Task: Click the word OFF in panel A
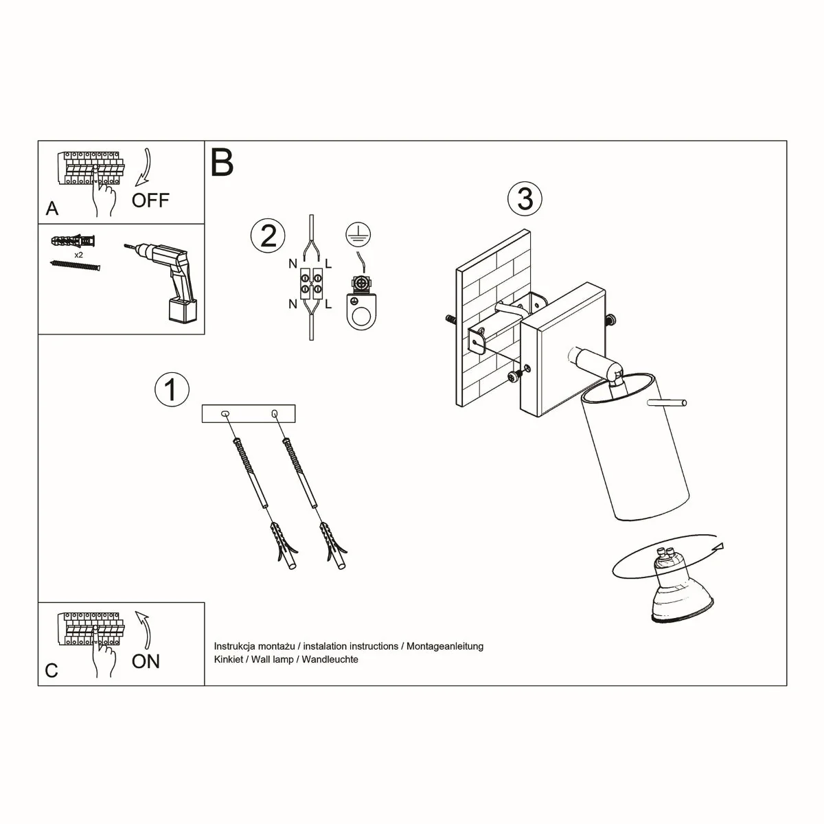150,201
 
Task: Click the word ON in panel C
146,661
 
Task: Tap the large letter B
222,163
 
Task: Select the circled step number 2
268,236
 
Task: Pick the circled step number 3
525,198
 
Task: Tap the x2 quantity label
78,255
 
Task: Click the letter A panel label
52,208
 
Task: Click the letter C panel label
51,670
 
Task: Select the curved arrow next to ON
144,628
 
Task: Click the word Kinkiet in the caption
229,659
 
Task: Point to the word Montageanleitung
445,646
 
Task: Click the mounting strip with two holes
249,413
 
